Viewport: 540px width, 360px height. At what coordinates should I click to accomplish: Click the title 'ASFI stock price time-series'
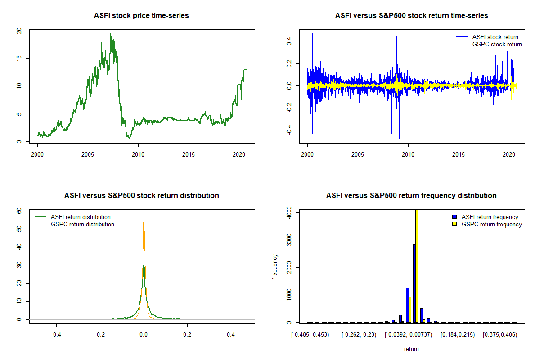tap(141, 16)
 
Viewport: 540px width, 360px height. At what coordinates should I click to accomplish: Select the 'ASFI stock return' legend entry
tap(495, 37)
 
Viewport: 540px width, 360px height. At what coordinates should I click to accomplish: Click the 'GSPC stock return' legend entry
tap(497, 45)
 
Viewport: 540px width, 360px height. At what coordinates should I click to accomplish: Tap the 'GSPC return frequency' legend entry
tap(491, 224)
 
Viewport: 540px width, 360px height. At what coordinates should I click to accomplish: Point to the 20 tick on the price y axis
tap(18, 31)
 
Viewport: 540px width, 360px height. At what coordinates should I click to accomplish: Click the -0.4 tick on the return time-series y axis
tap(288, 130)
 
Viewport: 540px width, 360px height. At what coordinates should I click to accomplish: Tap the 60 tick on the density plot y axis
tap(18, 210)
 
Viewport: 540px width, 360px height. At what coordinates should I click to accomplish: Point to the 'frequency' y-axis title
tap(275, 266)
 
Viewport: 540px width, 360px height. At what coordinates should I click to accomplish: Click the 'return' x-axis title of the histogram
tap(411, 349)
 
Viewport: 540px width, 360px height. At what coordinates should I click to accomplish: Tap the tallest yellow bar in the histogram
tap(417, 265)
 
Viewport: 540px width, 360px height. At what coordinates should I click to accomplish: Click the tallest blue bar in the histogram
tap(414, 283)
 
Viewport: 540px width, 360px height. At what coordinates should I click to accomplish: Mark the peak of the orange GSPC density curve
tap(144, 216)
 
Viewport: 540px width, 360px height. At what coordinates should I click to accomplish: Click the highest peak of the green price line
tap(111, 34)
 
